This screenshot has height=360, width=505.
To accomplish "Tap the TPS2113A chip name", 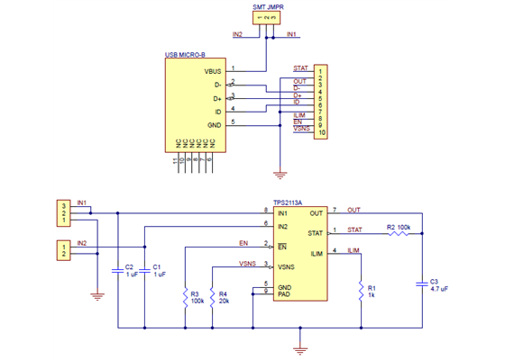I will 288,203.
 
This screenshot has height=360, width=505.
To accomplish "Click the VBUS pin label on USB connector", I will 213,69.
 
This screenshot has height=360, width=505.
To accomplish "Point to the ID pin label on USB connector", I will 217,111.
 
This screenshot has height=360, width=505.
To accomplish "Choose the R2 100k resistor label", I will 399,227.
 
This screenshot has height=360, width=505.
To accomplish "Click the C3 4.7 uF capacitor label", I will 439,285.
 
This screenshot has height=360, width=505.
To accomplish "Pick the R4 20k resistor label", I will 224,297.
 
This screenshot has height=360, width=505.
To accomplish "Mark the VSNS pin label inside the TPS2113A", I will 286,267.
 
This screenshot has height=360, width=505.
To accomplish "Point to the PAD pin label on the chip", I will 284,293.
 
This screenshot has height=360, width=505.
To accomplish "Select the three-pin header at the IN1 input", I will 63,212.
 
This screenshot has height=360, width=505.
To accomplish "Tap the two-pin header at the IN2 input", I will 63,250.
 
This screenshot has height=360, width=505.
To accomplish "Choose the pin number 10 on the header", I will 321,132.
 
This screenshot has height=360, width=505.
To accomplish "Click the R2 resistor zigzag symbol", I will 398,234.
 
